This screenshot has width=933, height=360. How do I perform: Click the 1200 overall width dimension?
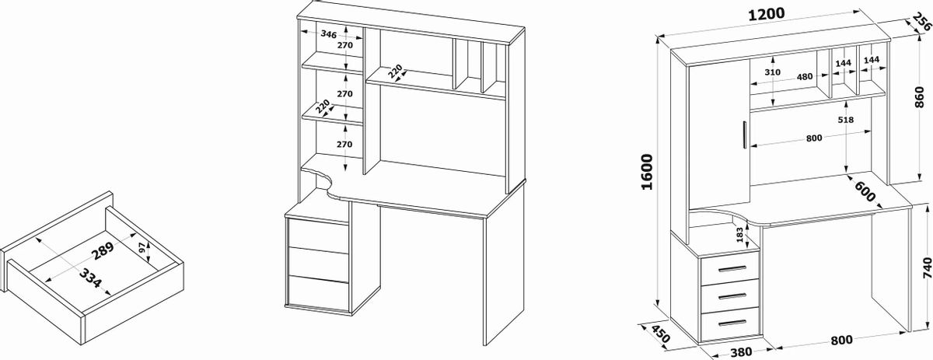[x=766, y=13]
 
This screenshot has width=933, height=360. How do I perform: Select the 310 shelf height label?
[x=772, y=72]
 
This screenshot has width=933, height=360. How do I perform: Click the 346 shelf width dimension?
[x=328, y=34]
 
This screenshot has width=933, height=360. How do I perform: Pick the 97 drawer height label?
[x=140, y=249]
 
